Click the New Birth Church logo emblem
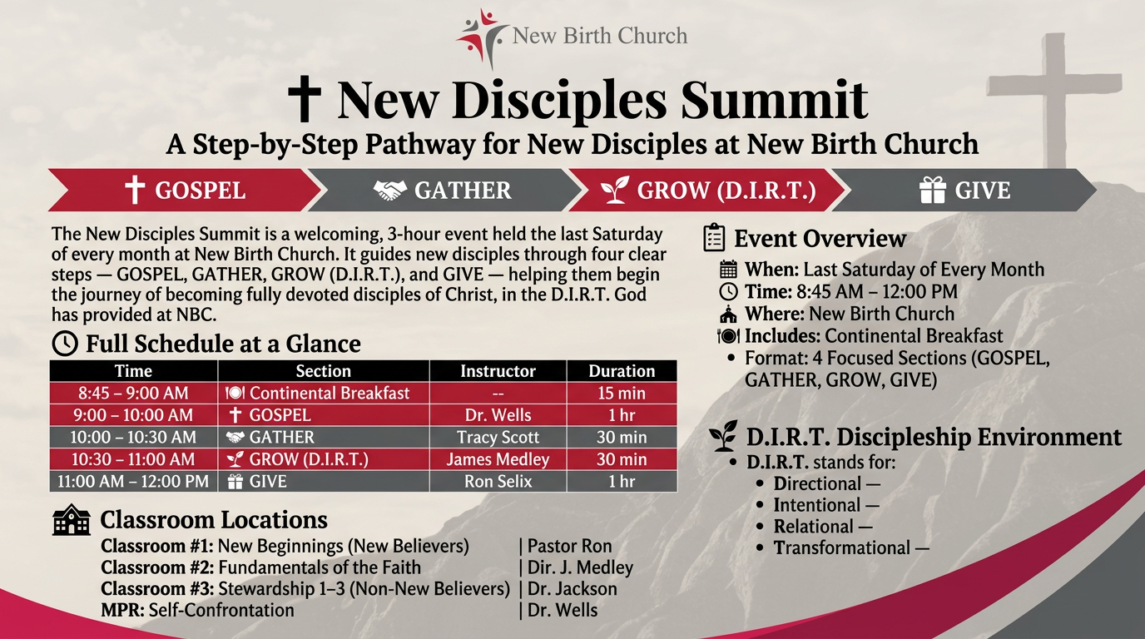point(482,37)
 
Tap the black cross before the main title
point(305,99)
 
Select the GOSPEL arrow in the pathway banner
point(184,190)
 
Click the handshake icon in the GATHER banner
point(390,191)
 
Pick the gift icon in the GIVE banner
point(933,191)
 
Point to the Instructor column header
point(498,370)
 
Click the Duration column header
point(622,370)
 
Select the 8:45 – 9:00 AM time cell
point(133,393)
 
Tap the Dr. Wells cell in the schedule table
point(498,414)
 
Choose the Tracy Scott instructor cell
point(498,437)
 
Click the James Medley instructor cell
point(498,459)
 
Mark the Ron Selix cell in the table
point(498,481)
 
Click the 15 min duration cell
point(622,393)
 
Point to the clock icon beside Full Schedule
point(65,344)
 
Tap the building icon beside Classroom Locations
point(72,520)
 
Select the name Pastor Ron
point(569,546)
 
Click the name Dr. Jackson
point(572,589)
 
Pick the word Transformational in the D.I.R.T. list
point(842,548)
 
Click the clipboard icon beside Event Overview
point(714,237)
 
